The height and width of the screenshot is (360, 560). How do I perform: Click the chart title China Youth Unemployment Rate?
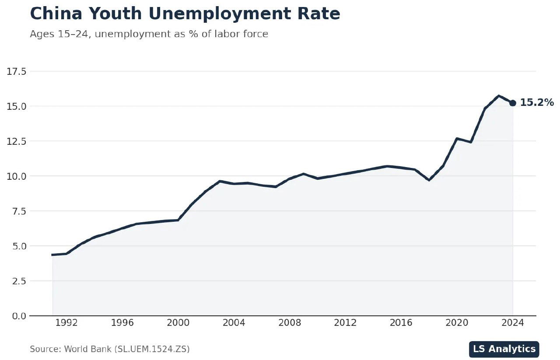coord(185,14)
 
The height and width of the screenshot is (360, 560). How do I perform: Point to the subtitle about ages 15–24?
coord(149,34)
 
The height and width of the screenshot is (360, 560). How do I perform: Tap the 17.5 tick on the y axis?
coord(17,71)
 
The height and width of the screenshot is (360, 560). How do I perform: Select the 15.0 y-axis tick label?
coord(17,106)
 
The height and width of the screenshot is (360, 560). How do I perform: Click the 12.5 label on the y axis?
coord(17,141)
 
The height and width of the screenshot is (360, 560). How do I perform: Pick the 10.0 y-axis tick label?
coord(17,176)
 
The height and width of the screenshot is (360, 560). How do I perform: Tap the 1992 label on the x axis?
coord(66,323)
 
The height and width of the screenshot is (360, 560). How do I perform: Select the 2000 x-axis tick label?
coord(178,323)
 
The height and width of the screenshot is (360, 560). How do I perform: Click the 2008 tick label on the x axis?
coord(290,323)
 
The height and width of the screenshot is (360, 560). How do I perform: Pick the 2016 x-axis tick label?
coord(401,323)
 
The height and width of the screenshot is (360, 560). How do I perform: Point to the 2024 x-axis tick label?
coord(513,323)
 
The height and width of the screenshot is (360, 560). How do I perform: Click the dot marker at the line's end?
coord(513,103)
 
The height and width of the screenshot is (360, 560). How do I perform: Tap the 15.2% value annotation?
coord(537,103)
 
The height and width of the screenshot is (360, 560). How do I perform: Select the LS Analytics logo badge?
coord(504,349)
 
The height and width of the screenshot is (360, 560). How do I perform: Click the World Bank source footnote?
coord(110,349)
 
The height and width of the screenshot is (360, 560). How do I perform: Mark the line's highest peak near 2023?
coord(499,96)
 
